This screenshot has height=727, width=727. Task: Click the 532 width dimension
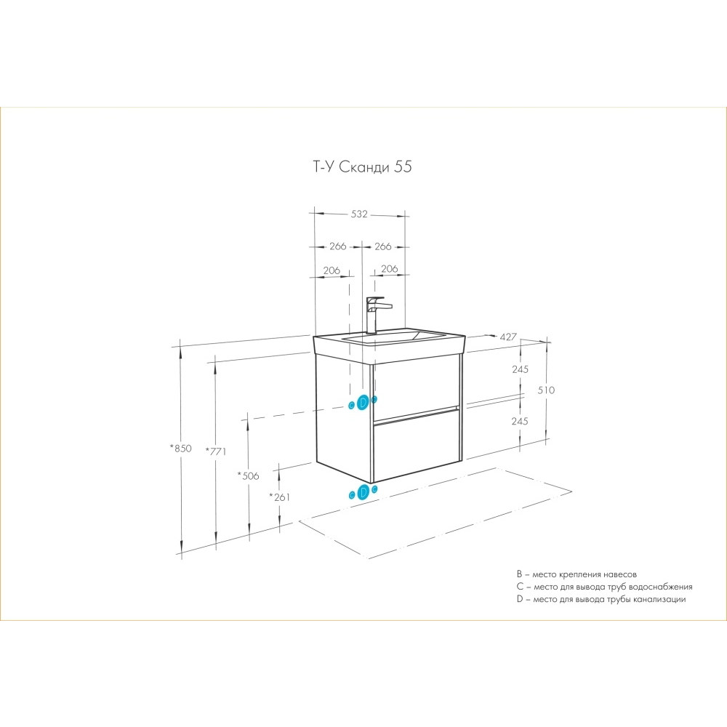pyautogui.click(x=359, y=214)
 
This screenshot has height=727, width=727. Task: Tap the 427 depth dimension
pyautogui.click(x=507, y=337)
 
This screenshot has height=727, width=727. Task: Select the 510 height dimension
pyautogui.click(x=546, y=390)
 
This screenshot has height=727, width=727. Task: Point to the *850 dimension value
pyautogui.click(x=180, y=449)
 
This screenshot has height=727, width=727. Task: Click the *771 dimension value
pyautogui.click(x=216, y=451)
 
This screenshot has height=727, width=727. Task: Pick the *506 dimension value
pyautogui.click(x=248, y=475)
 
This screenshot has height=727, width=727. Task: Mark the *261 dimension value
pyautogui.click(x=280, y=497)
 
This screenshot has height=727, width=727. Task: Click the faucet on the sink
pyautogui.click(x=377, y=314)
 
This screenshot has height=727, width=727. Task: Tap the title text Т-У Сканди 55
pyautogui.click(x=362, y=166)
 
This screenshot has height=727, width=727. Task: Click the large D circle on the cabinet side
pyautogui.click(x=363, y=402)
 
